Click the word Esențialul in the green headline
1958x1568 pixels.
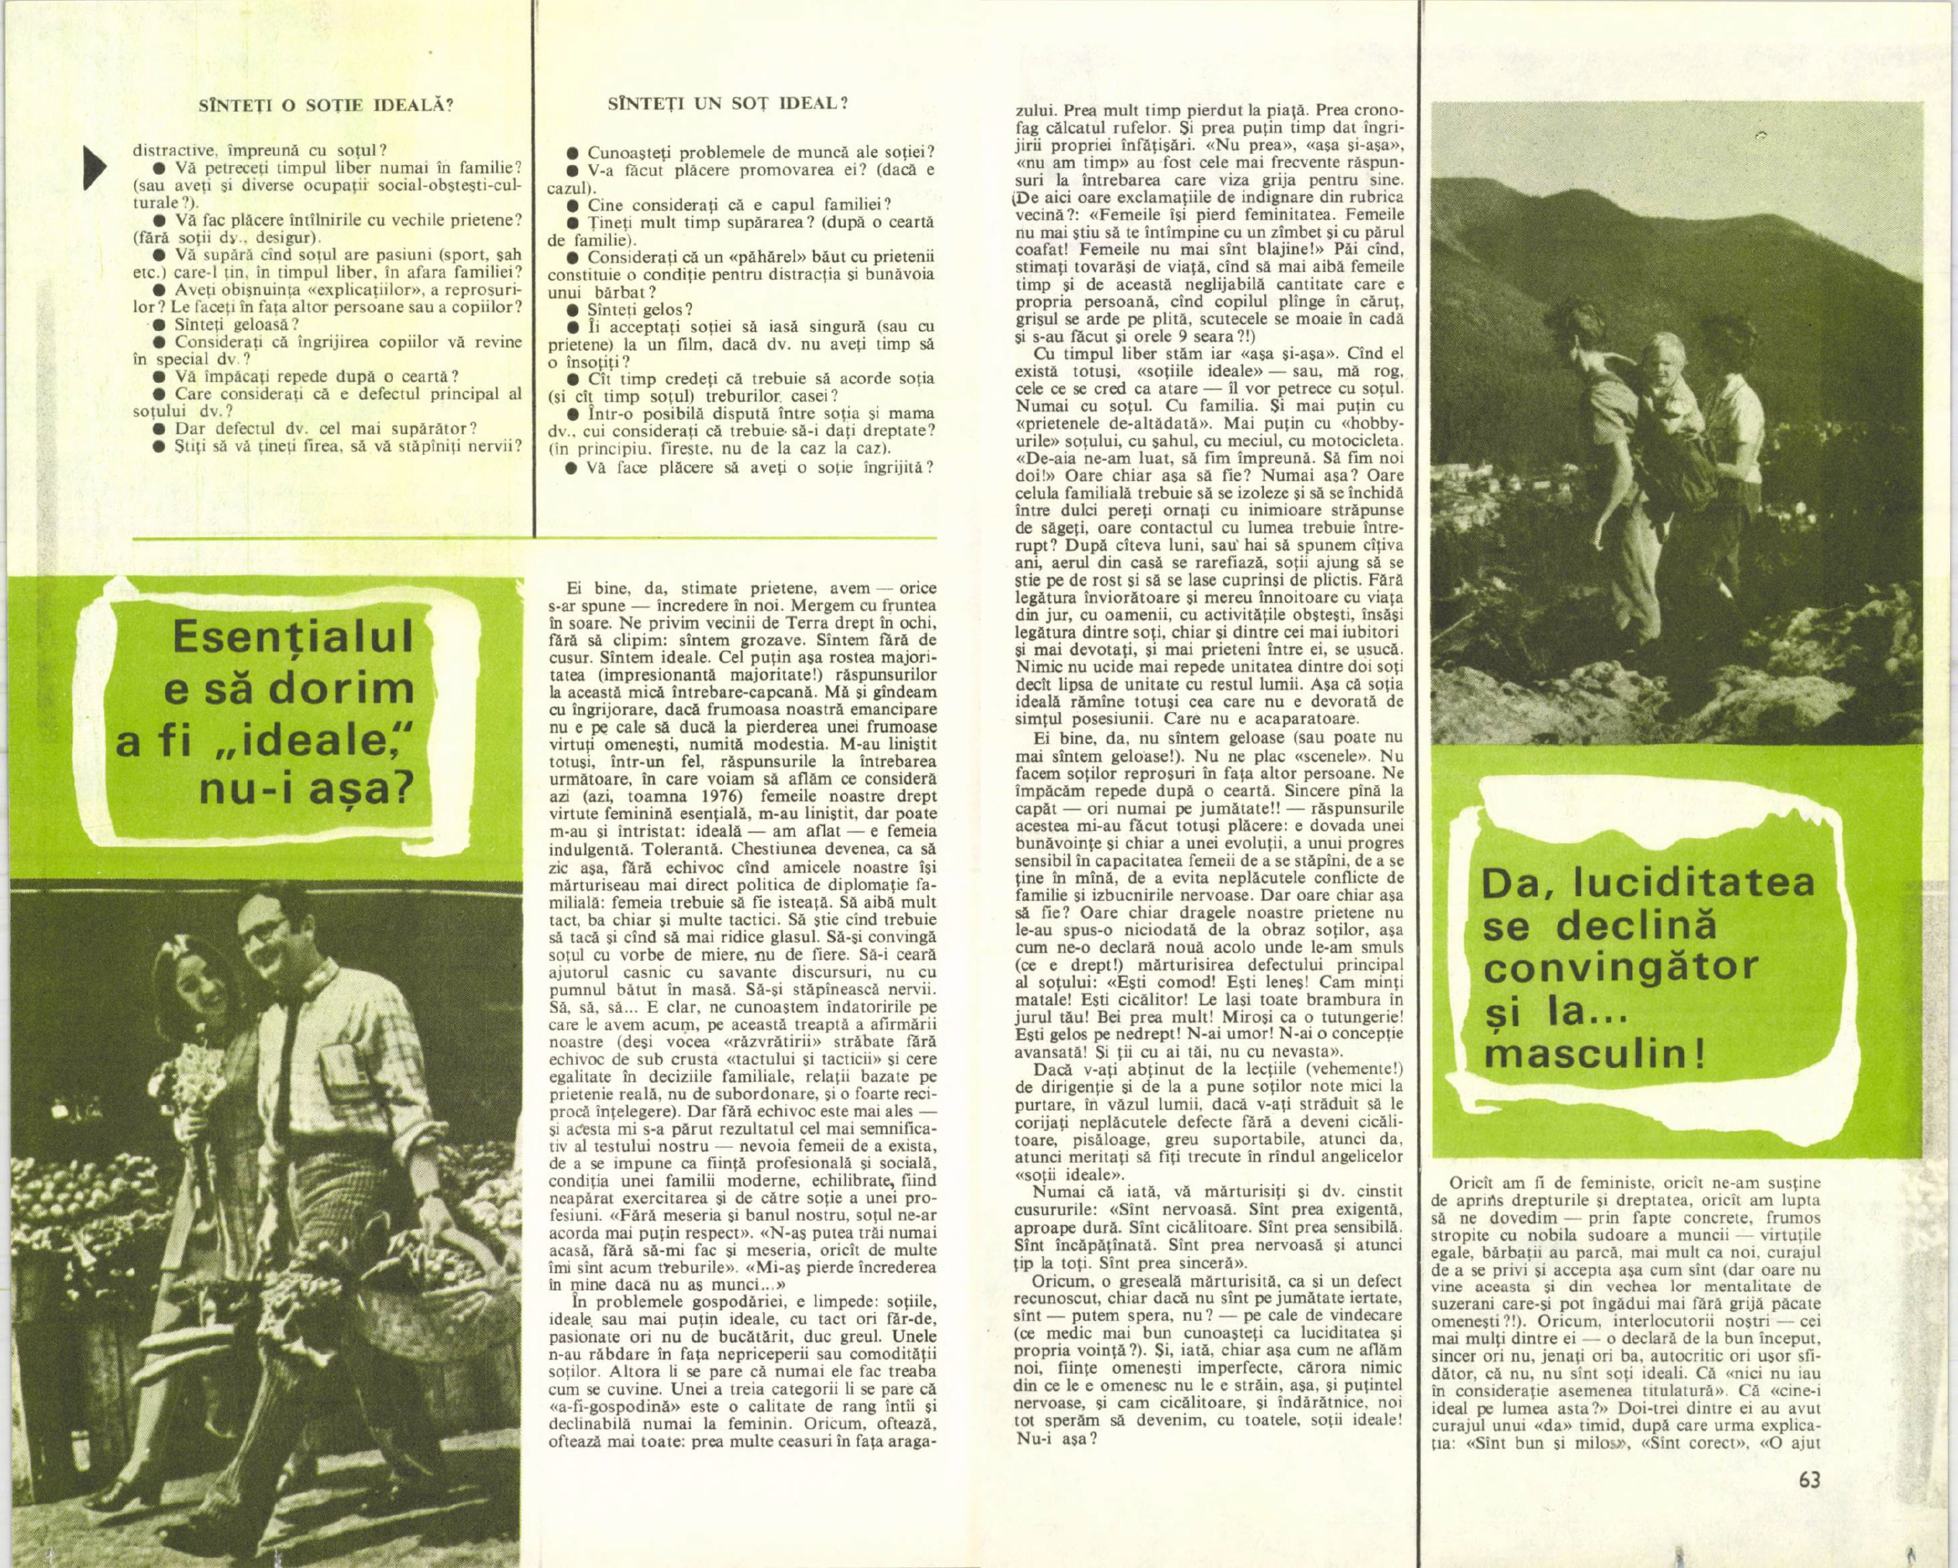coord(293,637)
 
